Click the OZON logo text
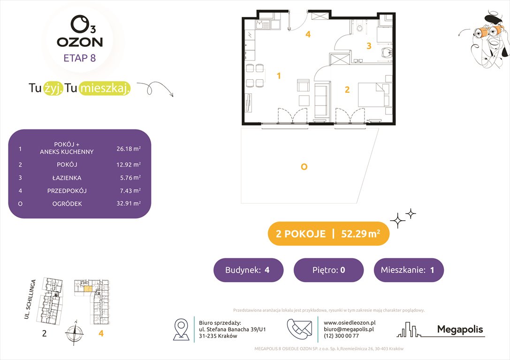[x=80, y=42]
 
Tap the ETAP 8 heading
[x=80, y=58]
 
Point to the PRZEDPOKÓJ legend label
[x=67, y=191]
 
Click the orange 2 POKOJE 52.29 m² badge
[x=328, y=234]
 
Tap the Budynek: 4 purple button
[x=248, y=270]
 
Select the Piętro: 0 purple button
[x=328, y=270]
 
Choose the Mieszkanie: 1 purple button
[x=408, y=270]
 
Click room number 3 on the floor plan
[x=369, y=46]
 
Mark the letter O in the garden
[x=304, y=166]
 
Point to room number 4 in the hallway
[x=308, y=34]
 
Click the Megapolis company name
[x=460, y=329]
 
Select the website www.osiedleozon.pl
[x=350, y=322]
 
